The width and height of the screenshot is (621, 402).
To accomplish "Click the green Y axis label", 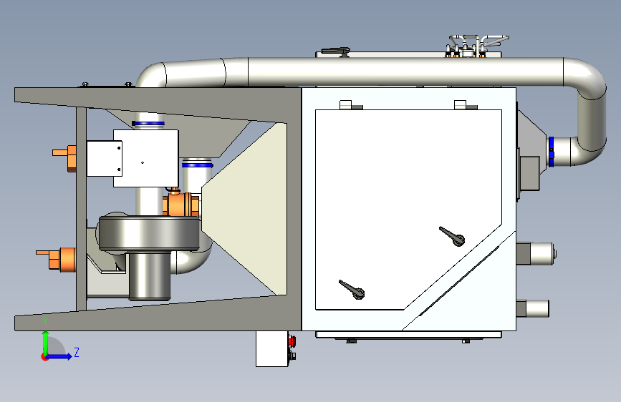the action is pos(45,322).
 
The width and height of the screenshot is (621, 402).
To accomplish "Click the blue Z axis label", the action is pos(77,352).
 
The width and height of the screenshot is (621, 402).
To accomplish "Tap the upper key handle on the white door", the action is pos(452,236).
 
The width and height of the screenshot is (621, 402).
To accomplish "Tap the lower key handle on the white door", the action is pos(352,289).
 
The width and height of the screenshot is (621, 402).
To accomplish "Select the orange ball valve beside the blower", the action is pos(180,204).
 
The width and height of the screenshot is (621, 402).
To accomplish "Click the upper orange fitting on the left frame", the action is pos(65,158).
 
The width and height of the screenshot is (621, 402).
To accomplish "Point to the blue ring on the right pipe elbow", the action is pos(551,152).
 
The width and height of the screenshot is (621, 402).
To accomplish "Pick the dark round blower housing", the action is pos(149,233).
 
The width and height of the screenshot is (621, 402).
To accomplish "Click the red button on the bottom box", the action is pos(292,340).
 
